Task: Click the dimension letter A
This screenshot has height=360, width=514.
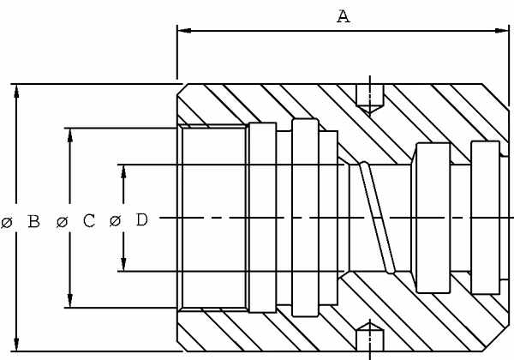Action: [x=344, y=16]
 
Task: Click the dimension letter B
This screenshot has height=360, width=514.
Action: [x=33, y=221]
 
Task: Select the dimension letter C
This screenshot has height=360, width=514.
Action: [x=89, y=220]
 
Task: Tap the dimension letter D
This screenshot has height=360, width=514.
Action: [x=141, y=219]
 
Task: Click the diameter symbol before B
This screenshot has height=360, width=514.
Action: [x=7, y=223]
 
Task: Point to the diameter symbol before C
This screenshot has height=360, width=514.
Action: [x=62, y=222]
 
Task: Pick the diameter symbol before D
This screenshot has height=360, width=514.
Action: [x=115, y=220]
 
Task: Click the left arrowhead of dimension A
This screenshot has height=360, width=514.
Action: [x=184, y=31]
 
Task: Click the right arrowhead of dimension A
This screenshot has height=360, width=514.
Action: [x=502, y=31]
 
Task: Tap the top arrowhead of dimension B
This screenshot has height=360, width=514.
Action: [x=16, y=92]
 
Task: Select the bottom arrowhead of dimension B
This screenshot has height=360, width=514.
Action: [x=16, y=344]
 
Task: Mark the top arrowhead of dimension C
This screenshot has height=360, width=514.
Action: [x=70, y=135]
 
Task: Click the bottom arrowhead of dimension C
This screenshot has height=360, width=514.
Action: [x=70, y=300]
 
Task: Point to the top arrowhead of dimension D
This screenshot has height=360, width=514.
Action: [x=123, y=171]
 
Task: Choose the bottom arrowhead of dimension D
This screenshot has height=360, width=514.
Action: [x=123, y=264]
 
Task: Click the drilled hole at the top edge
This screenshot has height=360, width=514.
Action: [x=370, y=99]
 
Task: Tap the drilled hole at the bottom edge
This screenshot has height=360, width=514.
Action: [x=370, y=337]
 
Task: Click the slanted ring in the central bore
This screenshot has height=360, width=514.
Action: [x=377, y=218]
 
